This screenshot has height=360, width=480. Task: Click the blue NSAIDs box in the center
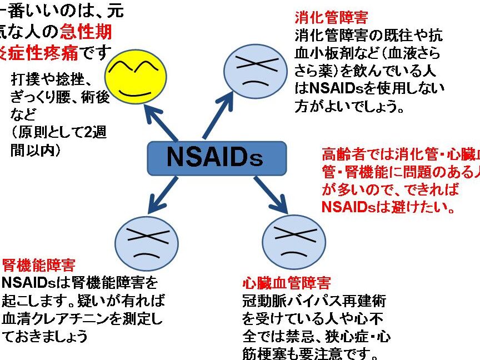(x=217, y=157)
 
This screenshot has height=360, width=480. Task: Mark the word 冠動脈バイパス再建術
(x=314, y=302)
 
